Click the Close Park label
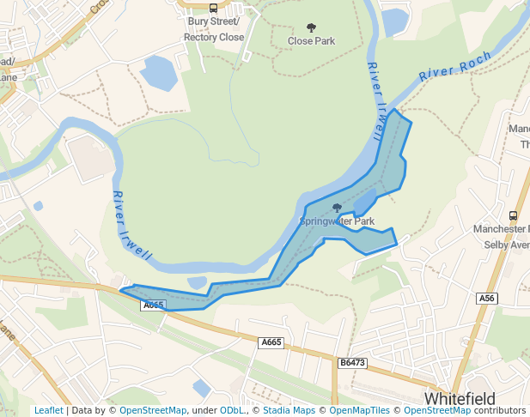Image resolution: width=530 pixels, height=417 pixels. pos(311,41)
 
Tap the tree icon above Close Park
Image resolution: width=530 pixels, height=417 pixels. pos(311,27)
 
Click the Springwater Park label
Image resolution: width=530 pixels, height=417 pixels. pos(337,221)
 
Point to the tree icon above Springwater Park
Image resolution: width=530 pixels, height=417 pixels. pos(337,208)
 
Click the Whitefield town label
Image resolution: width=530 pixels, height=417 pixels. pos(460,399)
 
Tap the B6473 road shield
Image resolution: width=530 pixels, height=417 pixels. pos(352,363)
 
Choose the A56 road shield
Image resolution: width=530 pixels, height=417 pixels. pos(487,298)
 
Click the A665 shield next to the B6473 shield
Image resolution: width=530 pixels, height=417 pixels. pos(271,342)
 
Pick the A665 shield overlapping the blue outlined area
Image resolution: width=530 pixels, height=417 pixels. pos(153,305)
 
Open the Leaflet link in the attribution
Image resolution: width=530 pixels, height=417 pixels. pos(48,410)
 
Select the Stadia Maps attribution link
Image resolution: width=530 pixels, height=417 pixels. pos(287,410)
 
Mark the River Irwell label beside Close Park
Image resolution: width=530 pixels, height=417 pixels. pos(375,101)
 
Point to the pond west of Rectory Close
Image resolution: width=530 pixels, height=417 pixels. pos(159,73)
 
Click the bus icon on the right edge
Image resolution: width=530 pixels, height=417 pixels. pos(513,216)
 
